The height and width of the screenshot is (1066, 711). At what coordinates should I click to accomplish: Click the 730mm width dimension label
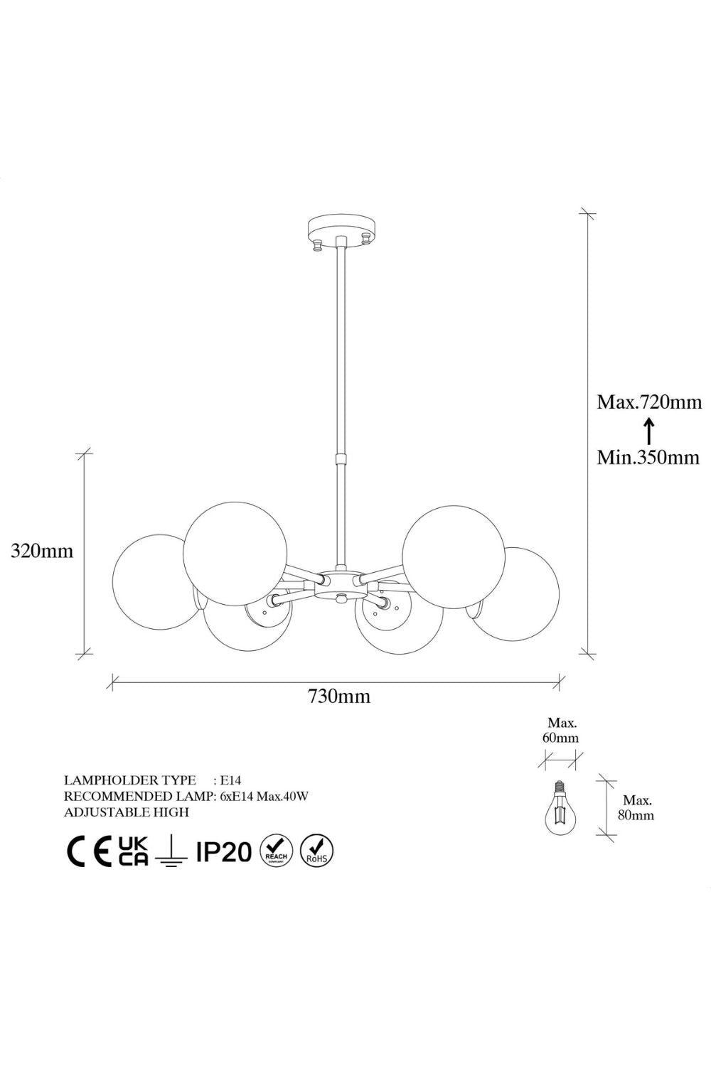pos(338,696)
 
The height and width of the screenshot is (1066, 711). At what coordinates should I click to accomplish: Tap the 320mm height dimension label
pos(43,551)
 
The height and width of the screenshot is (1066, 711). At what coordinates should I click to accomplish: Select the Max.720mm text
pos(650,403)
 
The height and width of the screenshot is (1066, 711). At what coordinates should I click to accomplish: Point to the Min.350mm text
pos(648,458)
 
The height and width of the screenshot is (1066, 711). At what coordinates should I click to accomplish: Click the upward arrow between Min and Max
pos(648,430)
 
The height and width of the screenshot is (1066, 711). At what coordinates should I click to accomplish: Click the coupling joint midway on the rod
pos(341,460)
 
